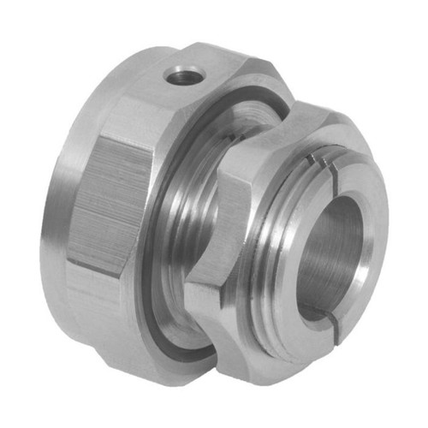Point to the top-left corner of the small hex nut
pyautogui.click(x=221, y=171)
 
